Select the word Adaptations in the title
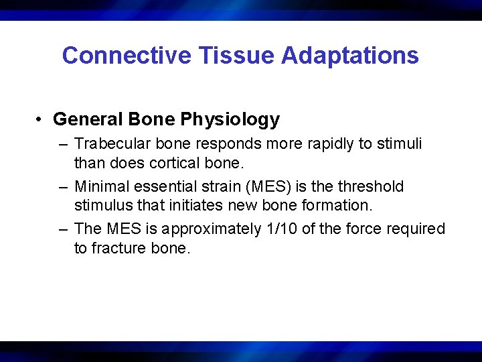[350, 56]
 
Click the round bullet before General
[41, 120]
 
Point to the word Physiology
[230, 120]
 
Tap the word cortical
[184, 163]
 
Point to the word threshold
[371, 186]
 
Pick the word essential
[158, 186]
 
